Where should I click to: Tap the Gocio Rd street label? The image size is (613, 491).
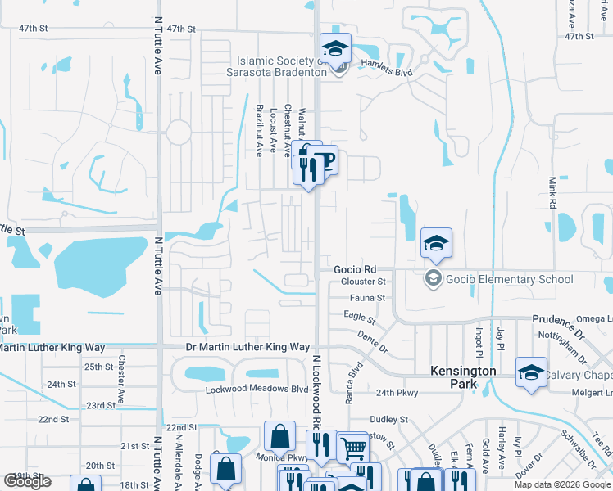[x=355, y=269]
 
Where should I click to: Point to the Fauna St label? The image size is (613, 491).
[x=358, y=298]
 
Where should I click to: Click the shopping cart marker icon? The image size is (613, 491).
[x=353, y=447]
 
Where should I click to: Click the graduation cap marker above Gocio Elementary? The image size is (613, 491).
[x=436, y=242]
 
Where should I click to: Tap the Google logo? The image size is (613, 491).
[x=27, y=481]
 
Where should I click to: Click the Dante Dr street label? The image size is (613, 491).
[x=372, y=341]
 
